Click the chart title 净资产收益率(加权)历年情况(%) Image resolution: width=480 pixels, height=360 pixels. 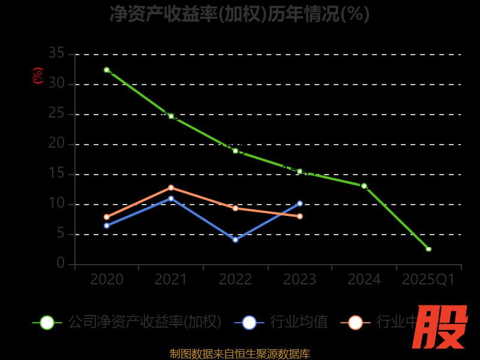pyautogui.click(x=239, y=14)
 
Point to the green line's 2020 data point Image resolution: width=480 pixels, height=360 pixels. pyautogui.click(x=107, y=70)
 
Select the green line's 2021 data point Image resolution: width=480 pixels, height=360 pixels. pyautogui.click(x=171, y=116)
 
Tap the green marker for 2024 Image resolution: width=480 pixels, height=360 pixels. pyautogui.click(x=364, y=186)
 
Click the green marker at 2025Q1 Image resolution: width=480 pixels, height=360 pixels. pyautogui.click(x=428, y=248)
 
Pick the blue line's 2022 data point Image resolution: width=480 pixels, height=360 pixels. pyautogui.click(x=235, y=239)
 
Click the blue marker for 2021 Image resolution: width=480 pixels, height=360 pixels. pyautogui.click(x=171, y=199)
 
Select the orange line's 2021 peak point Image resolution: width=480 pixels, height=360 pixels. pyautogui.click(x=171, y=188)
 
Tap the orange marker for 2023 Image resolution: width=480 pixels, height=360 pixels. pyautogui.click(x=300, y=216)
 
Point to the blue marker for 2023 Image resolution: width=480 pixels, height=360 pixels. pyautogui.click(x=300, y=203)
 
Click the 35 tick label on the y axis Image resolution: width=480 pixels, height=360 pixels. pyautogui.click(x=56, y=54)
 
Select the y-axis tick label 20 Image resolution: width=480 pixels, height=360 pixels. pyautogui.click(x=56, y=143)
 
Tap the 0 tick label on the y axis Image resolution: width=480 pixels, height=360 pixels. pyautogui.click(x=61, y=263)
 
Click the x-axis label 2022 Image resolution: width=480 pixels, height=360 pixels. pyautogui.click(x=235, y=280)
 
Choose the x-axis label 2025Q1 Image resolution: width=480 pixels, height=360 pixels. pyautogui.click(x=428, y=280)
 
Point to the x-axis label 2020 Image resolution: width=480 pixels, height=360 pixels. pyautogui.click(x=107, y=280)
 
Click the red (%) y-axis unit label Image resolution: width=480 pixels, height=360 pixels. pyautogui.click(x=38, y=76)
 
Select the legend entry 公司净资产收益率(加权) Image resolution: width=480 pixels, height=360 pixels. pyautogui.click(x=129, y=322)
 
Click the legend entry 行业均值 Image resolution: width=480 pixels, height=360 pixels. pyautogui.click(x=282, y=322)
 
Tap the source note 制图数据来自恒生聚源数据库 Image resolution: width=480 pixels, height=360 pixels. pyautogui.click(x=239, y=353)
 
